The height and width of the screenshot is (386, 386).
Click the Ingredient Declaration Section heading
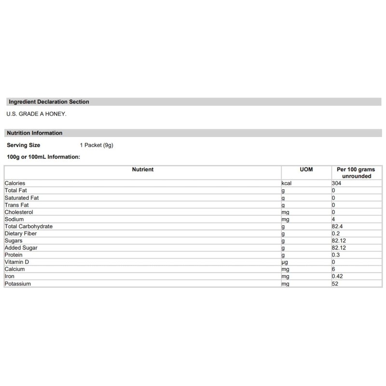click(x=49, y=102)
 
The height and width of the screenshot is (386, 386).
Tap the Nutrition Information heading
click(x=35, y=133)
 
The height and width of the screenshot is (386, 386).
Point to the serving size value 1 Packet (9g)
click(x=96, y=145)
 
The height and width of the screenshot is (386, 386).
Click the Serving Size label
click(x=23, y=145)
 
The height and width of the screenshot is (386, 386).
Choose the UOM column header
click(x=306, y=170)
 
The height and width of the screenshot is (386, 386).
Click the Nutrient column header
click(x=143, y=170)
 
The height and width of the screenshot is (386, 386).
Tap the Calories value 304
click(x=337, y=183)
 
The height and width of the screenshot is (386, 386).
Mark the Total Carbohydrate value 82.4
click(x=338, y=226)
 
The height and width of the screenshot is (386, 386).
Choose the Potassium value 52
click(x=335, y=284)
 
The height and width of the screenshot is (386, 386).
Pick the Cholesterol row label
click(x=19, y=212)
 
